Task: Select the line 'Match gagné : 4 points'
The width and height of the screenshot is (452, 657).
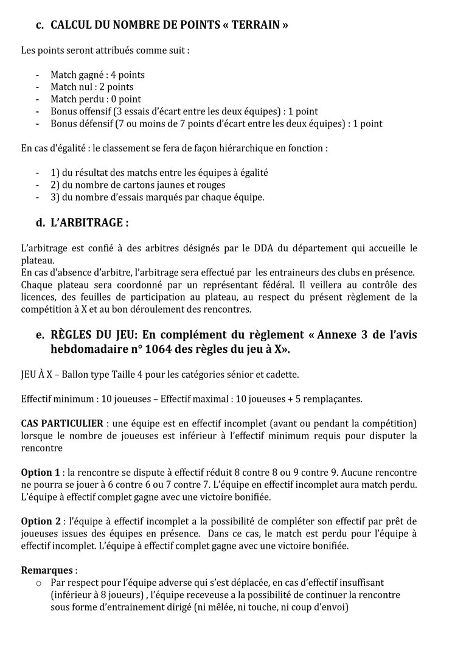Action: [x=97, y=75]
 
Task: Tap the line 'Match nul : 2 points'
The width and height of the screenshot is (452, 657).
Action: [x=92, y=87]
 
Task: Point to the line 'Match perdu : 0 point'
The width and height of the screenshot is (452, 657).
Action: [x=96, y=99]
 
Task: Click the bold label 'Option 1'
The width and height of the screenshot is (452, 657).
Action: [x=40, y=472]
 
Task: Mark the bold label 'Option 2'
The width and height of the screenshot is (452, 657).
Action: [x=40, y=521]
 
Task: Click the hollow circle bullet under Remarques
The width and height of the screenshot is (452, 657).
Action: [x=39, y=583]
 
